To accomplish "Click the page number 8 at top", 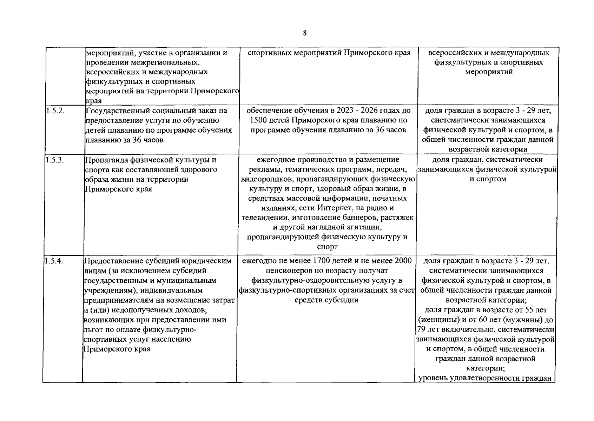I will click(304, 33).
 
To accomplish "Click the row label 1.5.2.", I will click(53, 111).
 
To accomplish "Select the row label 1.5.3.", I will click(53, 160).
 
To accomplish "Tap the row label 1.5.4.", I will click(53, 261).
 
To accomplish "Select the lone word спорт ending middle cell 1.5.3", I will click(327, 247).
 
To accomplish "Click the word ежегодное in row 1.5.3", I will click(276, 160).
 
